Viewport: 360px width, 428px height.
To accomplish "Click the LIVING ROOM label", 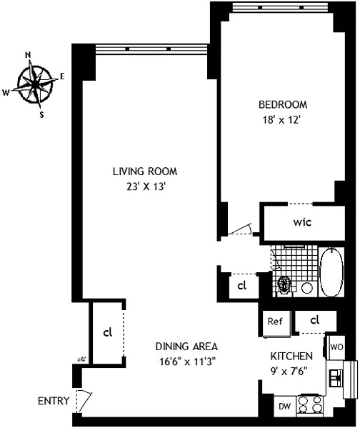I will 144,171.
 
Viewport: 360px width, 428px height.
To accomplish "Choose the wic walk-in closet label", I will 302,222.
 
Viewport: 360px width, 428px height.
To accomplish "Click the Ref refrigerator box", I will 276,322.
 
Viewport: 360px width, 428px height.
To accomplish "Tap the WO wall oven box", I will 336,347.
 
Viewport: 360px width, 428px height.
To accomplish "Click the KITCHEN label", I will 291,356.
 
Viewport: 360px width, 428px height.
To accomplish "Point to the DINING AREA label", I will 186,346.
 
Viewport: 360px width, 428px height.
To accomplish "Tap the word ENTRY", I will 54,401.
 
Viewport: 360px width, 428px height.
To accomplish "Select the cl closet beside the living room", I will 107,332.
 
